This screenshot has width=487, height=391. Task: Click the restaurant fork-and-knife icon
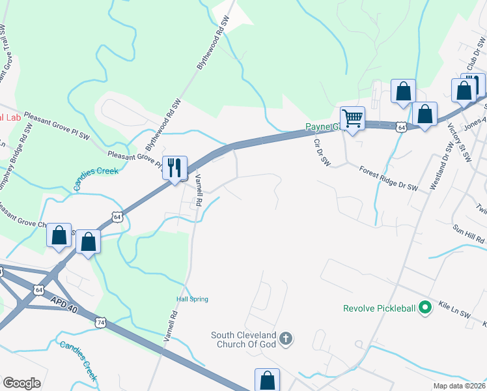[174, 168]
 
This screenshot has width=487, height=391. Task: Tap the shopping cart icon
[352, 119]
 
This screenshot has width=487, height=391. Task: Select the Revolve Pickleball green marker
[426, 306]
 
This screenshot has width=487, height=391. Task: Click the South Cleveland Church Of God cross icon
[286, 338]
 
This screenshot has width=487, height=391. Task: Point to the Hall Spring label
[192, 299]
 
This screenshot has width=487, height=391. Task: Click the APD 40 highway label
[64, 304]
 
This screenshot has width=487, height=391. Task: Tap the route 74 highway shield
[100, 322]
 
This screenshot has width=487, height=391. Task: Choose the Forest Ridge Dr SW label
[388, 177]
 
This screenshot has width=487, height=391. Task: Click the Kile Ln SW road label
[454, 309]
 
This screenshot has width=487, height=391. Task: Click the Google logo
[21, 383]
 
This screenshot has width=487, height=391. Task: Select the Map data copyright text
[460, 386]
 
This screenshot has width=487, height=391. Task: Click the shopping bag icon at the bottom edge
[267, 380]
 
